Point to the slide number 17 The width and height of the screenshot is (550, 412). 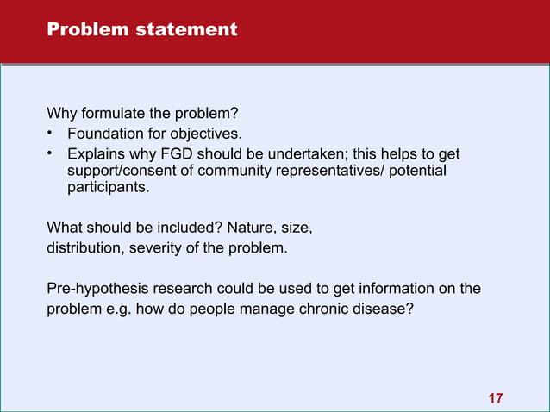pyautogui.click(x=496, y=397)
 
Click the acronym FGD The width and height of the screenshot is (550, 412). pyautogui.click(x=168, y=154)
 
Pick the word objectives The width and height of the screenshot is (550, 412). pyautogui.click(x=210, y=134)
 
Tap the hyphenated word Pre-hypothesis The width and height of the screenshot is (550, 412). pyautogui.click(x=91, y=288)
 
